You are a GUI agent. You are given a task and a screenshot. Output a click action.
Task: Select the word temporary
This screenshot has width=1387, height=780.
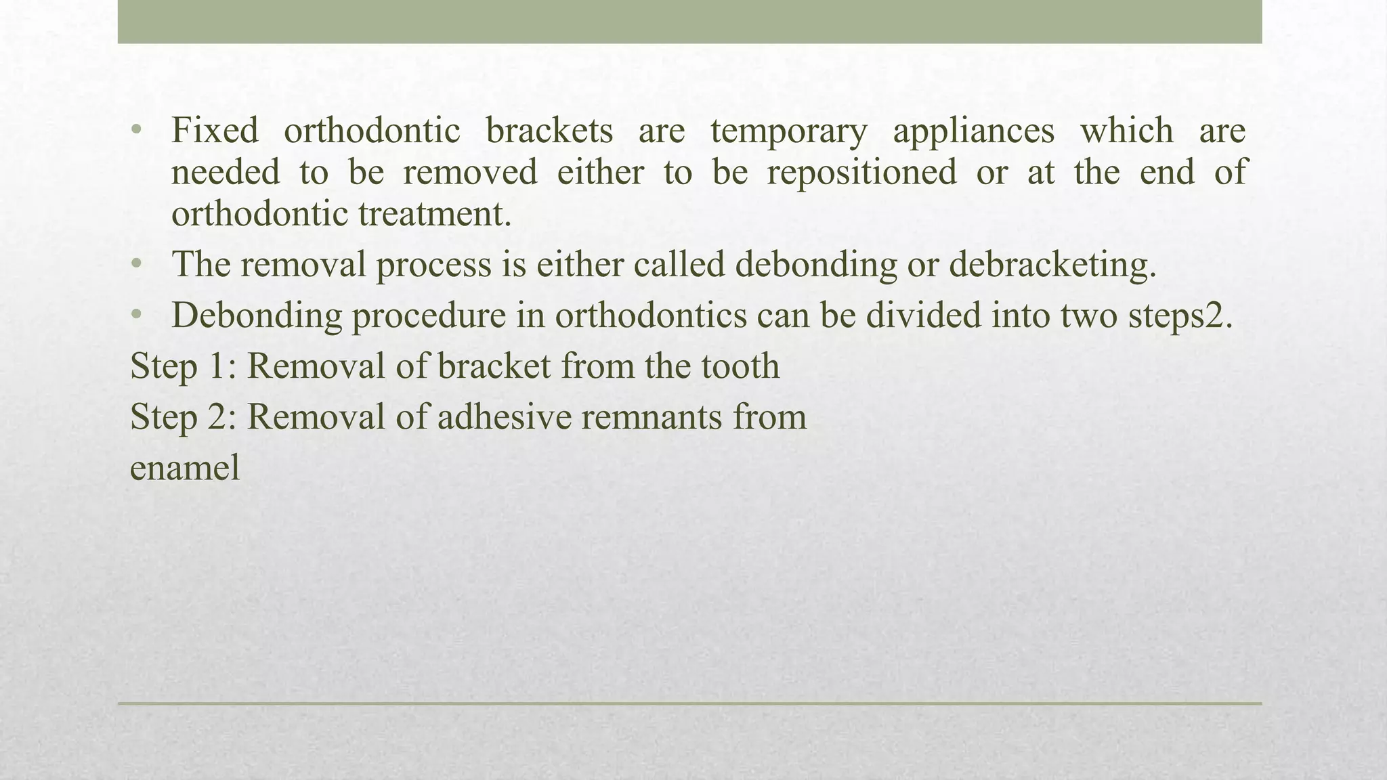click(788, 131)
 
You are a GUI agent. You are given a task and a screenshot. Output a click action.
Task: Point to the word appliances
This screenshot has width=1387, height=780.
click(973, 131)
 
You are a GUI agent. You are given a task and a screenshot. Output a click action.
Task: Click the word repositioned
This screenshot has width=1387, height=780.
click(861, 172)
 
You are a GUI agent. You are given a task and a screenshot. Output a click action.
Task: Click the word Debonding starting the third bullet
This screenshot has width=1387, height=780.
click(257, 316)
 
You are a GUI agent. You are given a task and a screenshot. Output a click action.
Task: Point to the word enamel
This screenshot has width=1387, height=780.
click(185, 468)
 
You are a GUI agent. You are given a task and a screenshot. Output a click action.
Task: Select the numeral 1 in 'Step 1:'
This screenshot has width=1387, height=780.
click(217, 366)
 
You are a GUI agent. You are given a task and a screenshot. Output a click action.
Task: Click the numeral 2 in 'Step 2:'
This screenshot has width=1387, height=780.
click(217, 416)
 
